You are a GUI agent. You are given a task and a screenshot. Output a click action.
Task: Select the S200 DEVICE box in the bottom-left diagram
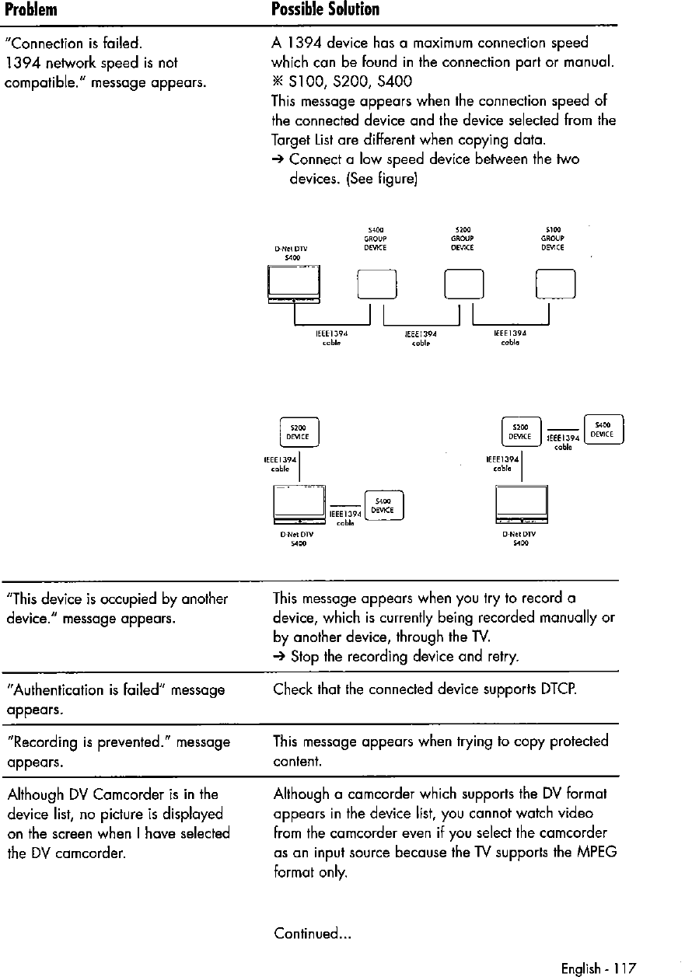click(299, 431)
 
